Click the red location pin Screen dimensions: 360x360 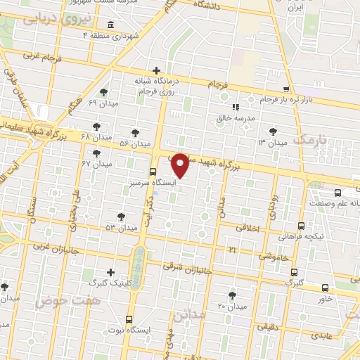click(x=181, y=165)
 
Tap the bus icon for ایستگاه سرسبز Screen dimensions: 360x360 click(x=153, y=172)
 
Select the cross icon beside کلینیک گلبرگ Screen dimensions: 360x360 click(x=110, y=272)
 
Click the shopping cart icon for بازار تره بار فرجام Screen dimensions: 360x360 click(x=286, y=89)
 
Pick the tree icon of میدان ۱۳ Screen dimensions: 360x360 click(x=272, y=131)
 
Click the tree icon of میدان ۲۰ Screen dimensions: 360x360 click(x=232, y=295)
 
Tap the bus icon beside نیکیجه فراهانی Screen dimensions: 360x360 click(x=301, y=226)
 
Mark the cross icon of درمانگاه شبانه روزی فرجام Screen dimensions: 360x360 click(x=157, y=70)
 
